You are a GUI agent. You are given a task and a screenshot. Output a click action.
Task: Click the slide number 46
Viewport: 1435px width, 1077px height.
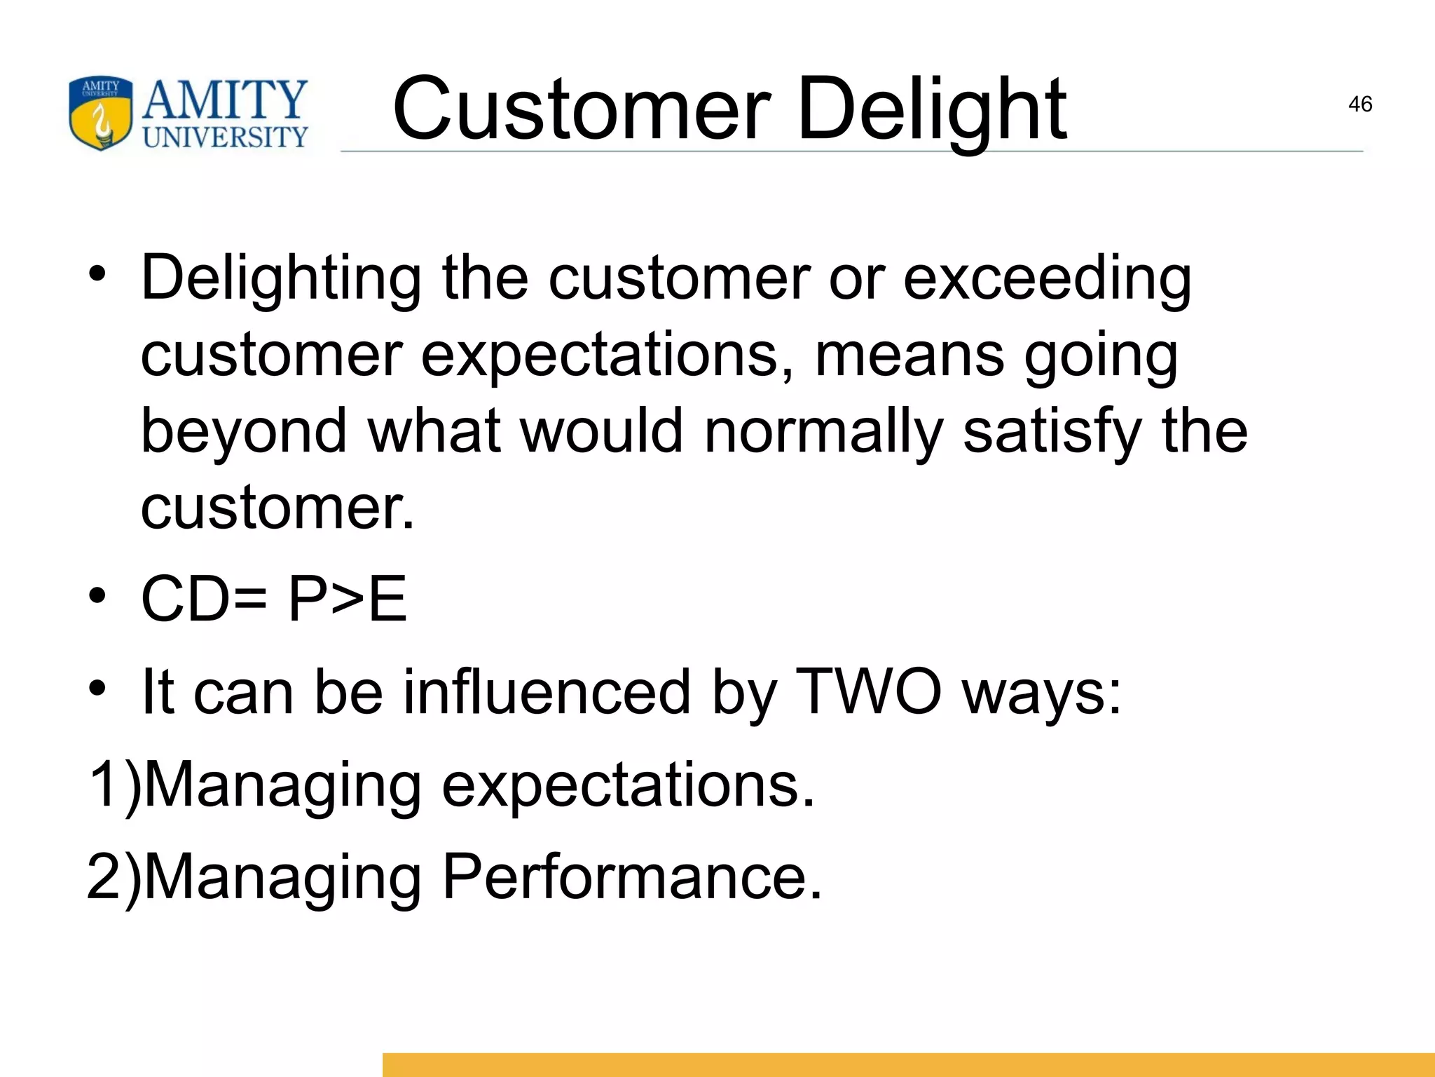[x=1359, y=104]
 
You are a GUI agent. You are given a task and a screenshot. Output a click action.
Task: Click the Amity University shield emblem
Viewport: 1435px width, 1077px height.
[x=100, y=113]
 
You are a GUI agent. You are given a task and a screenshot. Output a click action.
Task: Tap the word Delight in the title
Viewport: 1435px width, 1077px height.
[x=931, y=110]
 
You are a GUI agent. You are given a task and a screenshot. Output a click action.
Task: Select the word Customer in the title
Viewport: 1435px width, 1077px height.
[x=582, y=110]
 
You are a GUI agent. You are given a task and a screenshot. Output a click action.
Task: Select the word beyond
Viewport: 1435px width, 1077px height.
[x=244, y=432]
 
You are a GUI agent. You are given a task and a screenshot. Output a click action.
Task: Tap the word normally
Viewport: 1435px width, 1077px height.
[x=823, y=432]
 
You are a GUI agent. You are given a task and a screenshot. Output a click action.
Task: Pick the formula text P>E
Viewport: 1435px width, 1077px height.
[x=348, y=599]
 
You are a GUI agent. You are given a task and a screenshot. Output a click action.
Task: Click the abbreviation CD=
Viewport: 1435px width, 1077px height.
[x=204, y=599]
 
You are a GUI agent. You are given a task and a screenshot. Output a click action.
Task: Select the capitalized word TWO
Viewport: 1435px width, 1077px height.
[x=869, y=692]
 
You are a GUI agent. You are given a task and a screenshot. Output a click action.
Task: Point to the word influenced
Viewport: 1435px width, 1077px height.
[x=547, y=692]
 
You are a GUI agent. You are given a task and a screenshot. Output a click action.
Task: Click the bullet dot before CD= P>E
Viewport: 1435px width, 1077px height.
[x=97, y=597]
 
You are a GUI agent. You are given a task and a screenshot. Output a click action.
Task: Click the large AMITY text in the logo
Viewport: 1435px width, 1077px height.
[x=224, y=100]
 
